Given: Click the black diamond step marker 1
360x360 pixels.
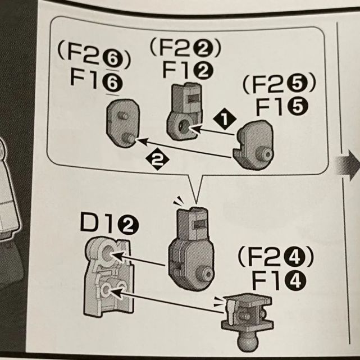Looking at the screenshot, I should [226, 118].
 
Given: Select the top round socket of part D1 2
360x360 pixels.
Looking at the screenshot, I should [108, 254].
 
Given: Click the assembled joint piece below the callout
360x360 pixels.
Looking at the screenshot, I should [190, 247].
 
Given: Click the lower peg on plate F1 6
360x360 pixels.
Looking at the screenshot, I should [128, 138].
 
